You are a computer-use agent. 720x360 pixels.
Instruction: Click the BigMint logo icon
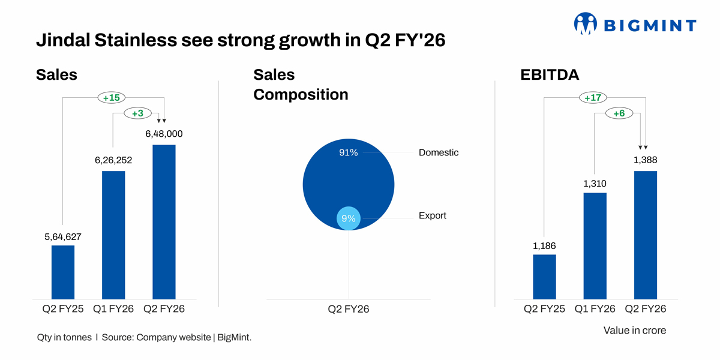[x=586, y=25]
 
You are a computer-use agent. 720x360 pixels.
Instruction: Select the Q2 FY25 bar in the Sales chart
[x=63, y=272]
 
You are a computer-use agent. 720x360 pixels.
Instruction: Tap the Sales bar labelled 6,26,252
[x=113, y=235]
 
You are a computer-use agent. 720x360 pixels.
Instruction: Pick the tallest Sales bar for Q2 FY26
[x=164, y=221]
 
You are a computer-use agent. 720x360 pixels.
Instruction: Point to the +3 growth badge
[x=137, y=113]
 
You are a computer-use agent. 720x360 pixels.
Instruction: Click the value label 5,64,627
[x=63, y=237]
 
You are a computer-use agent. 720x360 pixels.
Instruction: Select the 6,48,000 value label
[x=164, y=134]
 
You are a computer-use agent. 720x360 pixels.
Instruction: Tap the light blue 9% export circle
[x=348, y=218]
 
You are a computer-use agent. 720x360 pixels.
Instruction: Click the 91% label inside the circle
[x=348, y=153]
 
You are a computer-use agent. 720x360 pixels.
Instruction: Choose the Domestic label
[x=439, y=153]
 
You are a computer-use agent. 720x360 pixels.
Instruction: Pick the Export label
[x=433, y=215]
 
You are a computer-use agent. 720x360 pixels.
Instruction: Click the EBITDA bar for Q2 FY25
[x=544, y=277]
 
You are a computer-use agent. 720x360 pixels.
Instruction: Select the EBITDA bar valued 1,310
[x=595, y=245]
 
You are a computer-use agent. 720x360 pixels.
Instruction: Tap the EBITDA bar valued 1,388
[x=646, y=235]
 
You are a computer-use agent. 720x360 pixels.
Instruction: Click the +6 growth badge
[x=619, y=113]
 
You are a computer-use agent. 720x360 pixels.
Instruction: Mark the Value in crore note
[x=634, y=331]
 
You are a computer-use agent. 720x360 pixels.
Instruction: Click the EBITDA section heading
[x=549, y=75]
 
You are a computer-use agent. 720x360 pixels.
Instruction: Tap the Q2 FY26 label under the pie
[x=348, y=309]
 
